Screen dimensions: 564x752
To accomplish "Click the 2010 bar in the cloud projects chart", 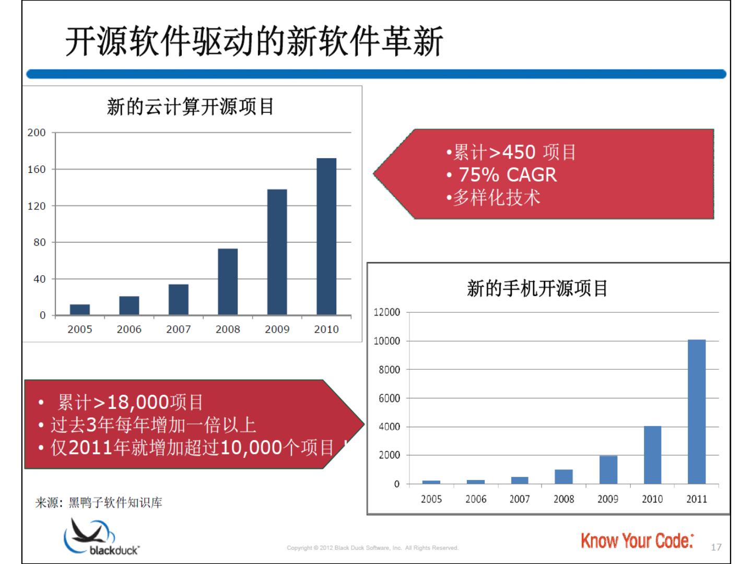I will (326, 236).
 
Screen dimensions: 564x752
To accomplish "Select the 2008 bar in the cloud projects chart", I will (228, 281).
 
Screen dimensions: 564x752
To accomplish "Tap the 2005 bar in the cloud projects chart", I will (80, 309).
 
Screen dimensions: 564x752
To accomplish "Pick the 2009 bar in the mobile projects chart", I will (608, 469).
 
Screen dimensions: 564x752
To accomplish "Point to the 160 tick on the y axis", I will (37, 169).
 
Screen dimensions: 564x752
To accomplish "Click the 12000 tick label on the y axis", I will (387, 312).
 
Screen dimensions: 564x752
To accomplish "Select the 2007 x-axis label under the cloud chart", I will (178, 329).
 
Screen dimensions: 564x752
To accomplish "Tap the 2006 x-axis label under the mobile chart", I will (476, 499).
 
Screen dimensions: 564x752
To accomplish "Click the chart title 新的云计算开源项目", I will (191, 107).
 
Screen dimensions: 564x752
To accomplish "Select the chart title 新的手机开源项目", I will (537, 288).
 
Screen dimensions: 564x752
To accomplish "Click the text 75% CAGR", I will (508, 174).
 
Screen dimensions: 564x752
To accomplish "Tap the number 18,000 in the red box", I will (138, 402).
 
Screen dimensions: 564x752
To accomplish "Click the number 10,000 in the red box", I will (251, 448).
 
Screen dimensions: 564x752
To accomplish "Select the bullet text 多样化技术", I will (496, 197).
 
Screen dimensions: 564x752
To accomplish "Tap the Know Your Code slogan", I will (637, 541).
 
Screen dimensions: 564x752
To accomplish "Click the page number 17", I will (716, 547).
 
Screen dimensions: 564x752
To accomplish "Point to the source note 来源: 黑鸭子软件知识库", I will (99, 502).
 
